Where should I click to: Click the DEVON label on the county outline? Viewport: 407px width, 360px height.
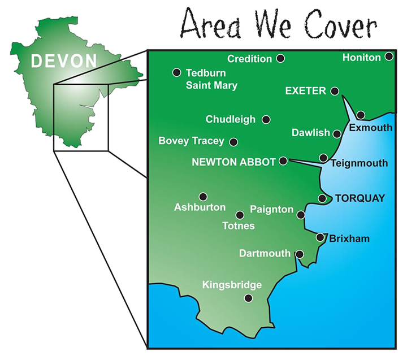[64, 60]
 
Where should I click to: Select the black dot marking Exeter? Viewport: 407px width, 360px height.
[335, 91]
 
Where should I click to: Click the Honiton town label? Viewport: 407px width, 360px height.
[362, 58]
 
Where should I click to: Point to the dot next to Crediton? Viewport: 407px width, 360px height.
[280, 58]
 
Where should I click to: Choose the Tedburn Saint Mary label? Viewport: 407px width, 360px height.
[211, 79]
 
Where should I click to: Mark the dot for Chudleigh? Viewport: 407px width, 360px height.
[266, 119]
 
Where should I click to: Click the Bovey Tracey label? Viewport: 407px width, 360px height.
[191, 141]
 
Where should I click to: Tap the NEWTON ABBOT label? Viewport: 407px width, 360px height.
[233, 162]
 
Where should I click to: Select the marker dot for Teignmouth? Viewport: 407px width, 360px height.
[323, 158]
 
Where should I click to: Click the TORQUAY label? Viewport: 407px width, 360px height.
[360, 198]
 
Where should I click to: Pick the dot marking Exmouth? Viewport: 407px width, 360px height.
[361, 115]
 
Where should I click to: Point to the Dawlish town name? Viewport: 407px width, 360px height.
[310, 133]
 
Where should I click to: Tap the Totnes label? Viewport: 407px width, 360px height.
[239, 226]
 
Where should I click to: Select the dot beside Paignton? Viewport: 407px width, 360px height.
[301, 215]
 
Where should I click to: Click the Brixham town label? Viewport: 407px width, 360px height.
[349, 238]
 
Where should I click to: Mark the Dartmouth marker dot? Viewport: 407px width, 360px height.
[300, 254]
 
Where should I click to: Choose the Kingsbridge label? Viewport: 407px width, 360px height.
[232, 285]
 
